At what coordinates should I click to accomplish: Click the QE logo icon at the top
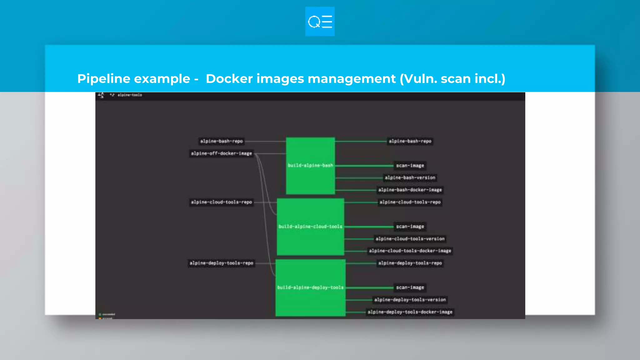point(320,22)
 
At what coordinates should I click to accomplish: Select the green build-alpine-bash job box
point(310,166)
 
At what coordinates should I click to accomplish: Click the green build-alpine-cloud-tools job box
point(310,227)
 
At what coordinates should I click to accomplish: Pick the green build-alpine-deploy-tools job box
point(310,287)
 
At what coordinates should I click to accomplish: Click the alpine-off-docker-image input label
point(221,153)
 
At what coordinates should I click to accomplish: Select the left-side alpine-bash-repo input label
point(221,141)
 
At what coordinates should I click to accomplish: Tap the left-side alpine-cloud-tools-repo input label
point(221,202)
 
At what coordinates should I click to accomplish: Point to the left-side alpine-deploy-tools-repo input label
point(221,263)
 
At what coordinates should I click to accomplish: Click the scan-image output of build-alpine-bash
point(410,166)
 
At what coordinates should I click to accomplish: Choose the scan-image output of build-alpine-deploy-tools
point(410,287)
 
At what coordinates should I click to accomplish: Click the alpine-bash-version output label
point(410,178)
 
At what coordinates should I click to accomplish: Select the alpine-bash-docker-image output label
point(410,190)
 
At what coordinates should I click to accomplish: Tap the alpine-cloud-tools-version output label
point(410,239)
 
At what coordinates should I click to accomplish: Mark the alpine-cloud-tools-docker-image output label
point(410,251)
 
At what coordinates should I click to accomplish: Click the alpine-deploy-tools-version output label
point(410,300)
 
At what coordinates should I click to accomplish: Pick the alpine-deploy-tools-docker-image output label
point(410,312)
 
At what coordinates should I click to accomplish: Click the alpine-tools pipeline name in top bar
point(130,95)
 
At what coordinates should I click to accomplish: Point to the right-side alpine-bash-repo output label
point(410,141)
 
